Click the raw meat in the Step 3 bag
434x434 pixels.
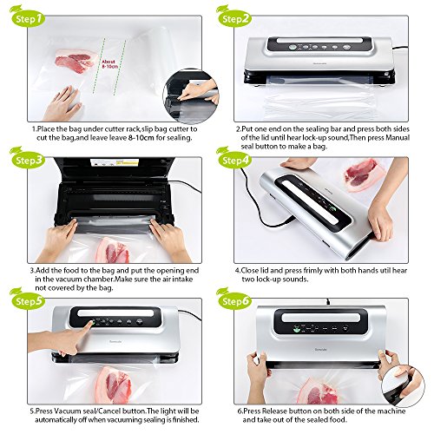point(112,253)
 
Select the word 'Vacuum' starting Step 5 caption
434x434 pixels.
point(71,411)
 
